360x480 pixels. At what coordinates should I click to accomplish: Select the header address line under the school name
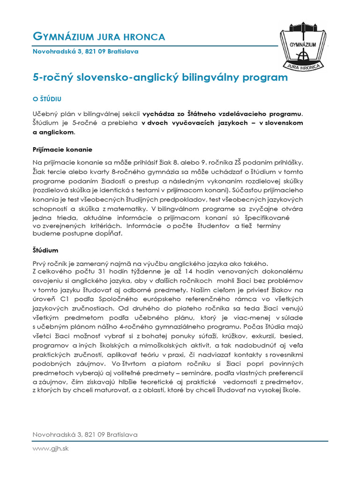point(85,52)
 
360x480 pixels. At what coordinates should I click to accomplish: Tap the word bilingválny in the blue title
point(212,77)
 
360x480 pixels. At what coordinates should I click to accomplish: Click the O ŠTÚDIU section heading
point(47,99)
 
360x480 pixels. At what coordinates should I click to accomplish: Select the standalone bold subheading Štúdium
point(45,251)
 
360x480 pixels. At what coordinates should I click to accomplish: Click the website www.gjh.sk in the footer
point(51,449)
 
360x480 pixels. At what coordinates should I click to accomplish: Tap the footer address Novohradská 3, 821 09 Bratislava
point(85,435)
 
